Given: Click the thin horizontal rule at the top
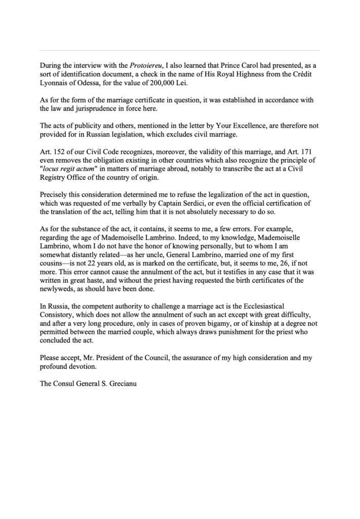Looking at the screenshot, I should click(x=179, y=51).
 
